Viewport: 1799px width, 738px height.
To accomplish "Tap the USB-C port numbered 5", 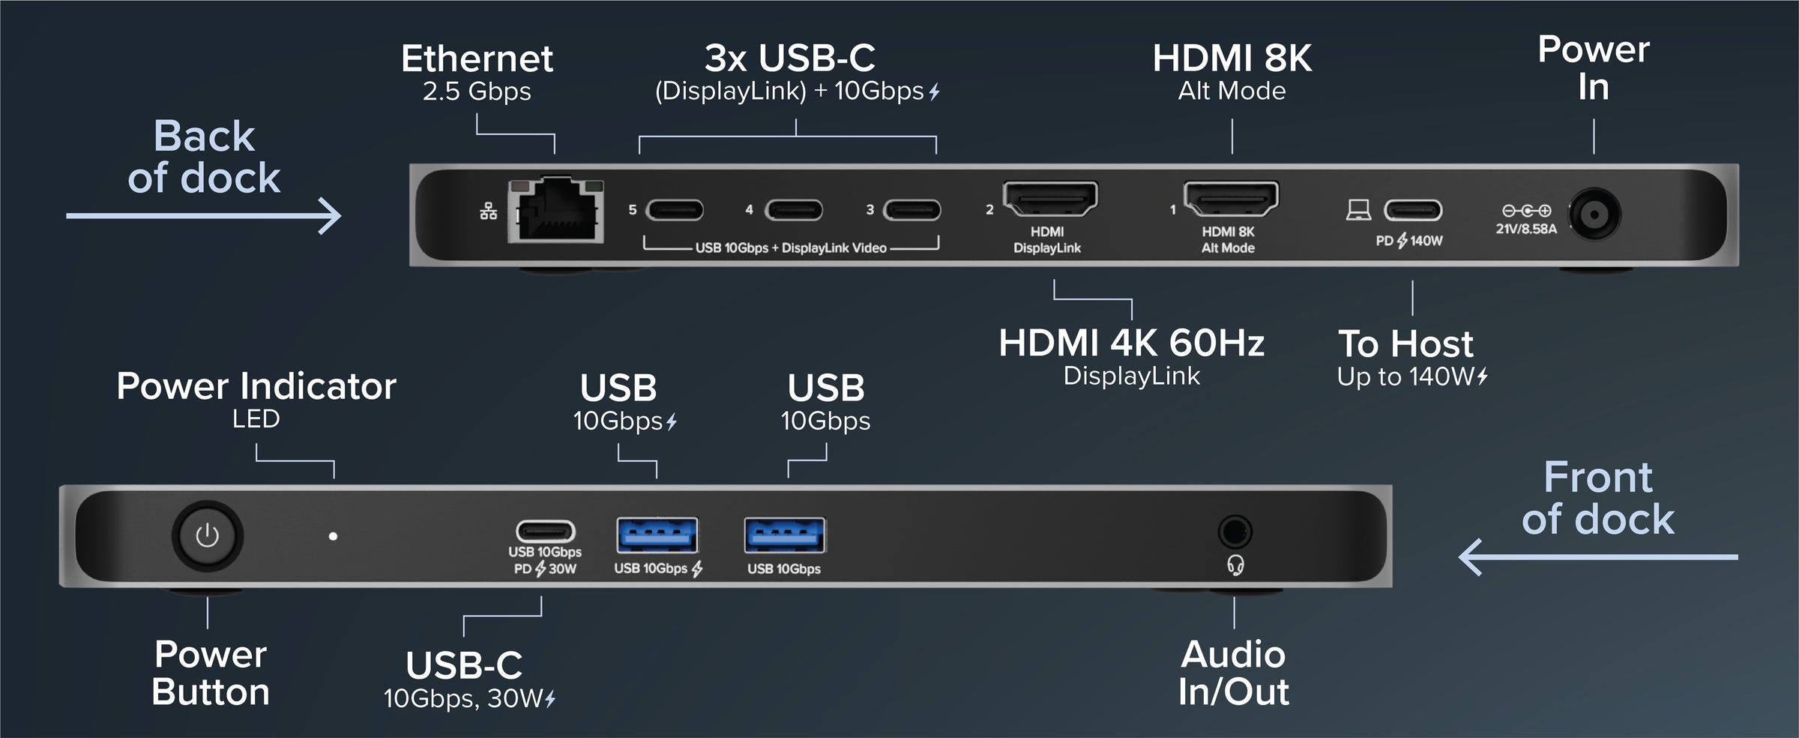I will pos(675,210).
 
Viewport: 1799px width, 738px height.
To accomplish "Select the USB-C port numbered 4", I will pos(793,210).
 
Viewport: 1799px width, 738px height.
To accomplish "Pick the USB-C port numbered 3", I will pos(911,210).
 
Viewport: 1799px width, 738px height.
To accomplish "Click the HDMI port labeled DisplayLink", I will pos(1050,198).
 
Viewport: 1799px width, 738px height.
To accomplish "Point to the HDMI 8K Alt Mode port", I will pos(1231,198).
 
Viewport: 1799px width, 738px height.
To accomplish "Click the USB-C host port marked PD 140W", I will pos(1412,210).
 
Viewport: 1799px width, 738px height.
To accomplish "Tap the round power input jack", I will pos(1594,215).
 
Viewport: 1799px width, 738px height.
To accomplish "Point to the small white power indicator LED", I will pos(333,536).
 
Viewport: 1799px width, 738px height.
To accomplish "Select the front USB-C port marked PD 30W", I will pos(545,532).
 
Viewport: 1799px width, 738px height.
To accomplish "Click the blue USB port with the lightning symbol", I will pos(657,535).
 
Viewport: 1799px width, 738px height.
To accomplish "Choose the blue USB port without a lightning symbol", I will pos(784,535).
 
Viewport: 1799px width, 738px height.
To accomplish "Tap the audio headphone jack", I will pos(1235,532).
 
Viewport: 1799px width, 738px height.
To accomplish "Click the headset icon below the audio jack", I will pos(1235,565).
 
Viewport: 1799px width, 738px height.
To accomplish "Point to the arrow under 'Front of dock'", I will pos(1597,557).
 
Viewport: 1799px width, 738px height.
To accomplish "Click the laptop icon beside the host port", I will pos(1358,210).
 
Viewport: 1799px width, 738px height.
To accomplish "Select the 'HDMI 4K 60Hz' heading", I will pos(1131,343).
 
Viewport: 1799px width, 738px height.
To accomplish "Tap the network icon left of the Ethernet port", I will pos(489,211).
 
